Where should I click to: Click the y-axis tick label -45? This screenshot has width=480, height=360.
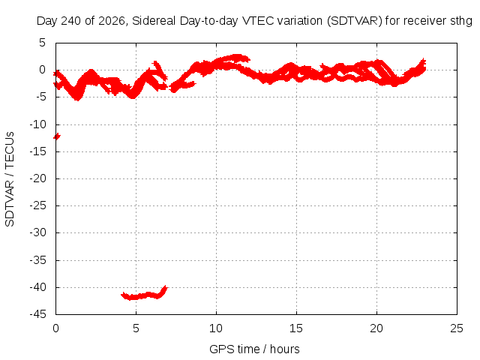point(38,314)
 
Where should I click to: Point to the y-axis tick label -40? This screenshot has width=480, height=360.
point(38,287)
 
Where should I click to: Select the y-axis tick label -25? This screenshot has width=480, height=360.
point(38,205)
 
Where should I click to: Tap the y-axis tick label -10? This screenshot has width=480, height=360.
point(38,124)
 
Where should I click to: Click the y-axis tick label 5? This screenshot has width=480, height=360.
point(42,43)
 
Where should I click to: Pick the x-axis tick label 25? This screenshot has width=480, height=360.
point(457,328)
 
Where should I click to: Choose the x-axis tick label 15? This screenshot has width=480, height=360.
point(296,328)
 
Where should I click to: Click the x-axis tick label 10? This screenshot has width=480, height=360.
point(216,328)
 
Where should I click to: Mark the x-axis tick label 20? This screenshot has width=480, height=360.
point(376,328)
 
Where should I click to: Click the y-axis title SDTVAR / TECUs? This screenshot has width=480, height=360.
point(10,179)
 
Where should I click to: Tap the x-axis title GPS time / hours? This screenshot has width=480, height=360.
point(254,349)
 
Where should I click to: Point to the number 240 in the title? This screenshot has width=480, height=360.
point(71,21)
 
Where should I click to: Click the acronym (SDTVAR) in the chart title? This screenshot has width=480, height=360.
point(355,21)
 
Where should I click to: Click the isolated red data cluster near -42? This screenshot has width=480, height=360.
point(144,294)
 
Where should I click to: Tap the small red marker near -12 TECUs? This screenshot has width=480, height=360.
point(57,136)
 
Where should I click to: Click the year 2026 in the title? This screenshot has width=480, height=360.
point(112,21)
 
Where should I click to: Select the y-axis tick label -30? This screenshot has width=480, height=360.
point(38,232)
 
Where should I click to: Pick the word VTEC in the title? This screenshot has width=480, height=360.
point(258,21)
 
